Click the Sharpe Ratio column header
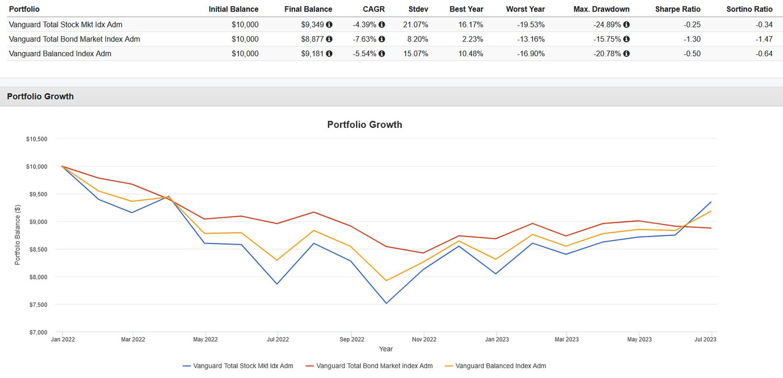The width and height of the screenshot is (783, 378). coord(677,9)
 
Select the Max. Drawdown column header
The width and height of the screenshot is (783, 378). coord(601,9)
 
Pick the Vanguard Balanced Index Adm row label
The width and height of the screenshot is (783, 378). coord(60,54)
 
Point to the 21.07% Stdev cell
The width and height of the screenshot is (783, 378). coord(415,24)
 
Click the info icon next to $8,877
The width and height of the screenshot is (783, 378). coord(329,39)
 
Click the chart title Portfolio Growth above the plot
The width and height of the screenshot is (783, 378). coord(365,125)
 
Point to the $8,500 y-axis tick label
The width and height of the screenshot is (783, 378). coord(37,250)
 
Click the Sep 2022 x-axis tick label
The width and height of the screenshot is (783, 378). coord(352,339)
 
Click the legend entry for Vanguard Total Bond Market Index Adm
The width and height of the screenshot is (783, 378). coord(374,366)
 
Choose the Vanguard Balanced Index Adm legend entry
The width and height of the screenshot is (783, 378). coord(500,366)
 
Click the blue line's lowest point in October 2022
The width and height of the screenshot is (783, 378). coord(386,303)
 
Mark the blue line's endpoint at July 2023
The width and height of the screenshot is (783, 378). coord(711,202)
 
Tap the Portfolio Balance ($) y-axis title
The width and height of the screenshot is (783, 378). coord(18,235)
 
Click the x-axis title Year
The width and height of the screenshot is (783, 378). coord(386,349)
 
